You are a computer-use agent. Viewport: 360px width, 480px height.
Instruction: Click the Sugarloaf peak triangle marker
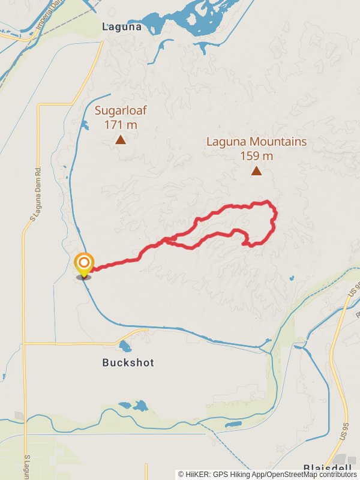[x=121, y=140]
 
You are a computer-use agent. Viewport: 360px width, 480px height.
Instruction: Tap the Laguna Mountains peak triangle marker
[x=256, y=171]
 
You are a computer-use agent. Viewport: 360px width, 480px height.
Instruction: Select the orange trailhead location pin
[x=84, y=265]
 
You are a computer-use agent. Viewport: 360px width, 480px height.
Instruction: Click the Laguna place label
[x=122, y=26]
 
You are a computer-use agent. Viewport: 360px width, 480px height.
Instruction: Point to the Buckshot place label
[x=128, y=362]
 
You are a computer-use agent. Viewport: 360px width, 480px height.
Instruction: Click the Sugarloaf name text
[x=121, y=110]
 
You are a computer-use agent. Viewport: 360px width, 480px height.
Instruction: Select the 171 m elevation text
[x=121, y=125]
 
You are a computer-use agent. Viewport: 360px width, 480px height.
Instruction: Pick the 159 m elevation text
[x=256, y=156]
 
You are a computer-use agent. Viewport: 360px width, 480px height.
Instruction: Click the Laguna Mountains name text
[x=256, y=142]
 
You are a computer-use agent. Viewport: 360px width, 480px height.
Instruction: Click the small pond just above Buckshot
[x=125, y=346]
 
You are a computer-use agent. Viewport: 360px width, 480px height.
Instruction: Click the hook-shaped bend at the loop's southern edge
[x=245, y=242]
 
